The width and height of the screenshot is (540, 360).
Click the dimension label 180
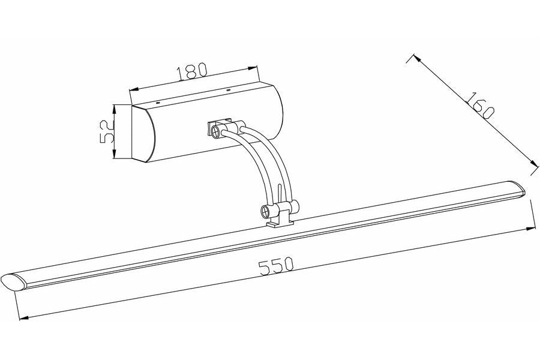pos(192,71)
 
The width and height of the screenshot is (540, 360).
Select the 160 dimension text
pos(480,106)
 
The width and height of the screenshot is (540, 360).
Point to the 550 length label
pos(276,266)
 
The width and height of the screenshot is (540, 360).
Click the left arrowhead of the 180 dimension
pos(133,89)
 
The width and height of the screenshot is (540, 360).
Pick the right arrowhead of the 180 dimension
pos(253,68)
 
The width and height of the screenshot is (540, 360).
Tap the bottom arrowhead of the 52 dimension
pos(115,154)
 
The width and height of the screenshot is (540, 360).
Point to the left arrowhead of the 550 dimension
pos(23,318)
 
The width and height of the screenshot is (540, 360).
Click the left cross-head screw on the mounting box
pos(216,131)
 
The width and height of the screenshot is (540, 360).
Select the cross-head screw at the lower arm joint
pos(266,211)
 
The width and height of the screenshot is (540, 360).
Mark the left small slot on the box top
pos(158,103)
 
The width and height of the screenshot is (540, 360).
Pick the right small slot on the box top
pos(227,90)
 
